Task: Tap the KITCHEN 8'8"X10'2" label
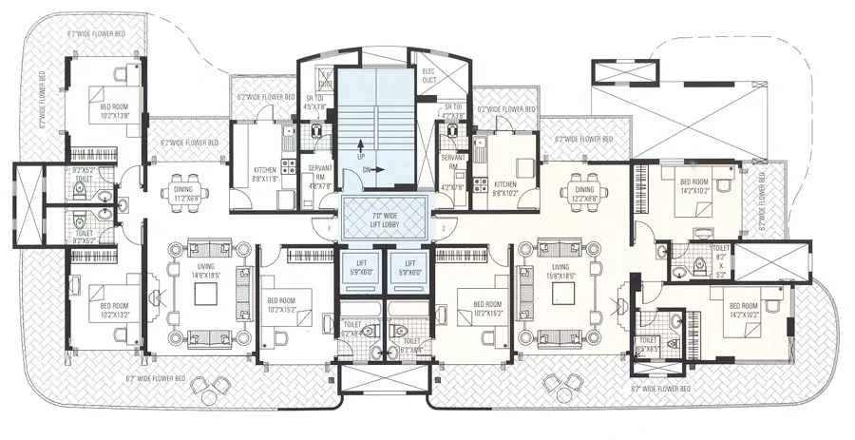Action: (x=505, y=188)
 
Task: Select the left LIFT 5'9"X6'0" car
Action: (x=358, y=267)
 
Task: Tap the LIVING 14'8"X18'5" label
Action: (x=206, y=271)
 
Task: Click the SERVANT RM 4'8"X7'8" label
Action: (x=320, y=176)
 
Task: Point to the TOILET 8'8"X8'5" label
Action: (x=650, y=344)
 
